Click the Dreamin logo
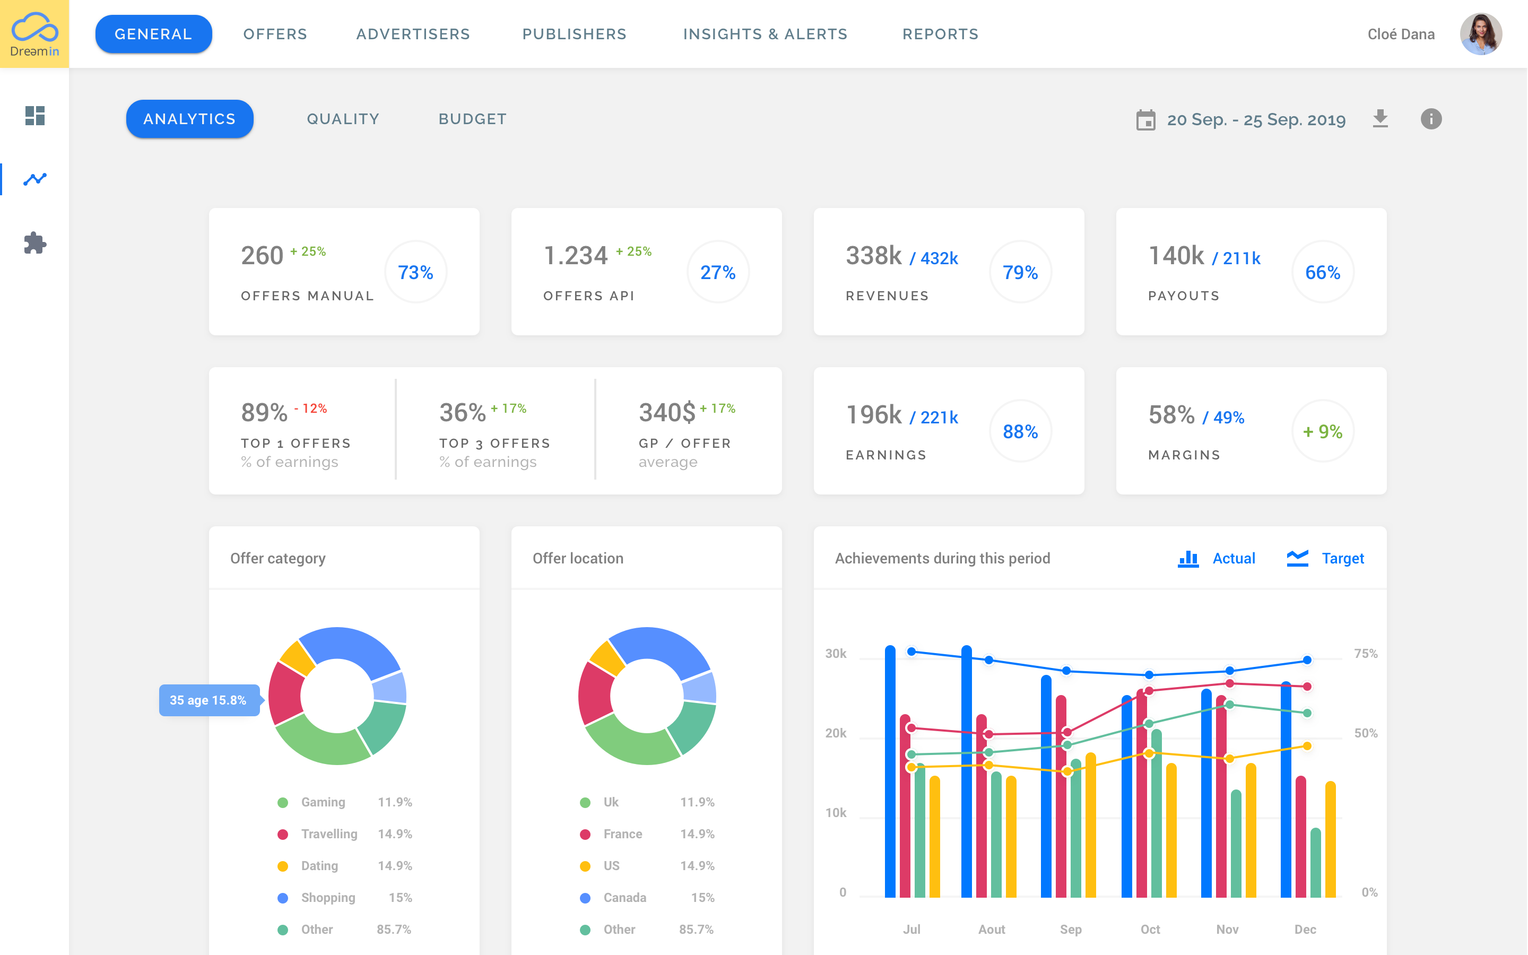coord(34,34)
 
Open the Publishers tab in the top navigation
coord(574,34)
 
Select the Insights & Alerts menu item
coord(765,34)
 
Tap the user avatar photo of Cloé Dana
coord(1480,34)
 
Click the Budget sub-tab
coord(472,119)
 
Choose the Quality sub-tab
coord(343,119)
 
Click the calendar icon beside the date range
coord(1145,119)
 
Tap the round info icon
coord(1431,119)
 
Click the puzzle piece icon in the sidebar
coord(34,243)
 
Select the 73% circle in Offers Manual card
coord(415,272)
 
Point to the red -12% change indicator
coord(311,409)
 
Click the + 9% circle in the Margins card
coord(1322,431)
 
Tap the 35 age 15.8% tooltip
coord(209,700)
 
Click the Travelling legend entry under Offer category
coord(328,834)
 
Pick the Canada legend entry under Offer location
coord(624,898)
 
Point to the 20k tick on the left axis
coord(835,733)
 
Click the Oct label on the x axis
coord(1150,929)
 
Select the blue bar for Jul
coord(890,770)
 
